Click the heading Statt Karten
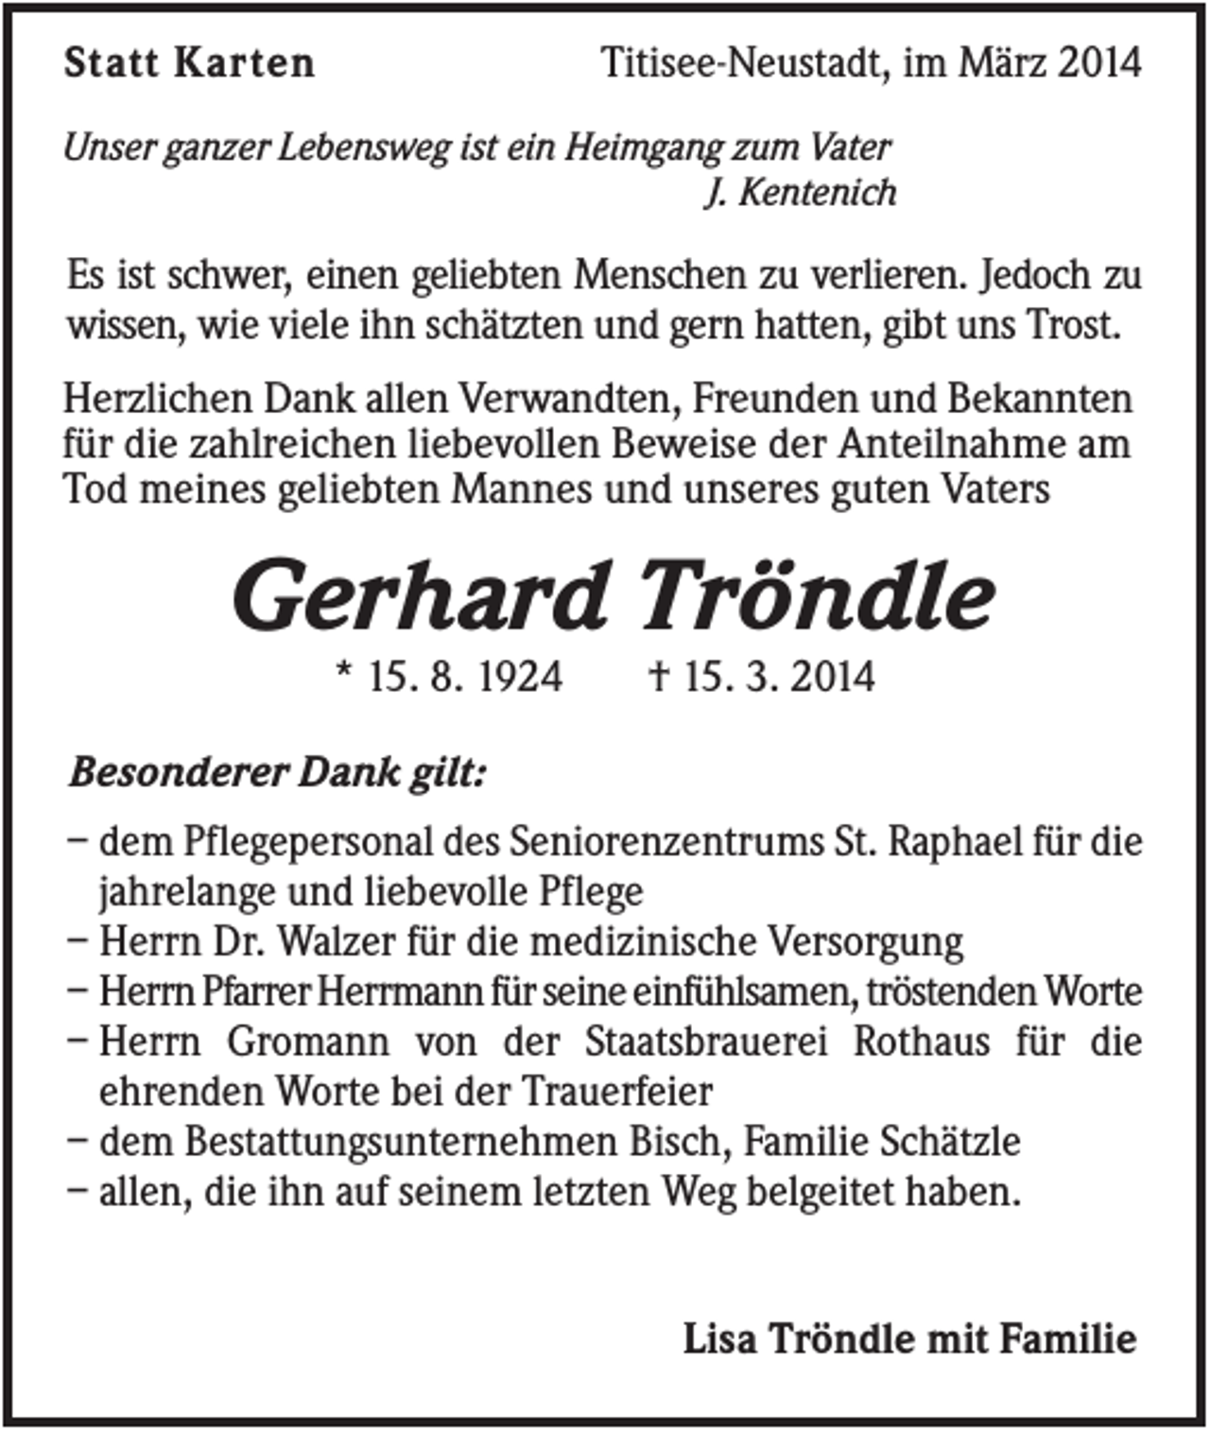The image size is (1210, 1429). [x=189, y=63]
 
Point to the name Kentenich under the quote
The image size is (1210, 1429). [x=817, y=193]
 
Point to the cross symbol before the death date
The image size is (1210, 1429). [x=659, y=676]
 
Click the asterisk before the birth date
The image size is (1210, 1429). [x=345, y=673]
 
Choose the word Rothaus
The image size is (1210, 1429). [x=922, y=1042]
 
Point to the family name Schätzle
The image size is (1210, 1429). [x=950, y=1143]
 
